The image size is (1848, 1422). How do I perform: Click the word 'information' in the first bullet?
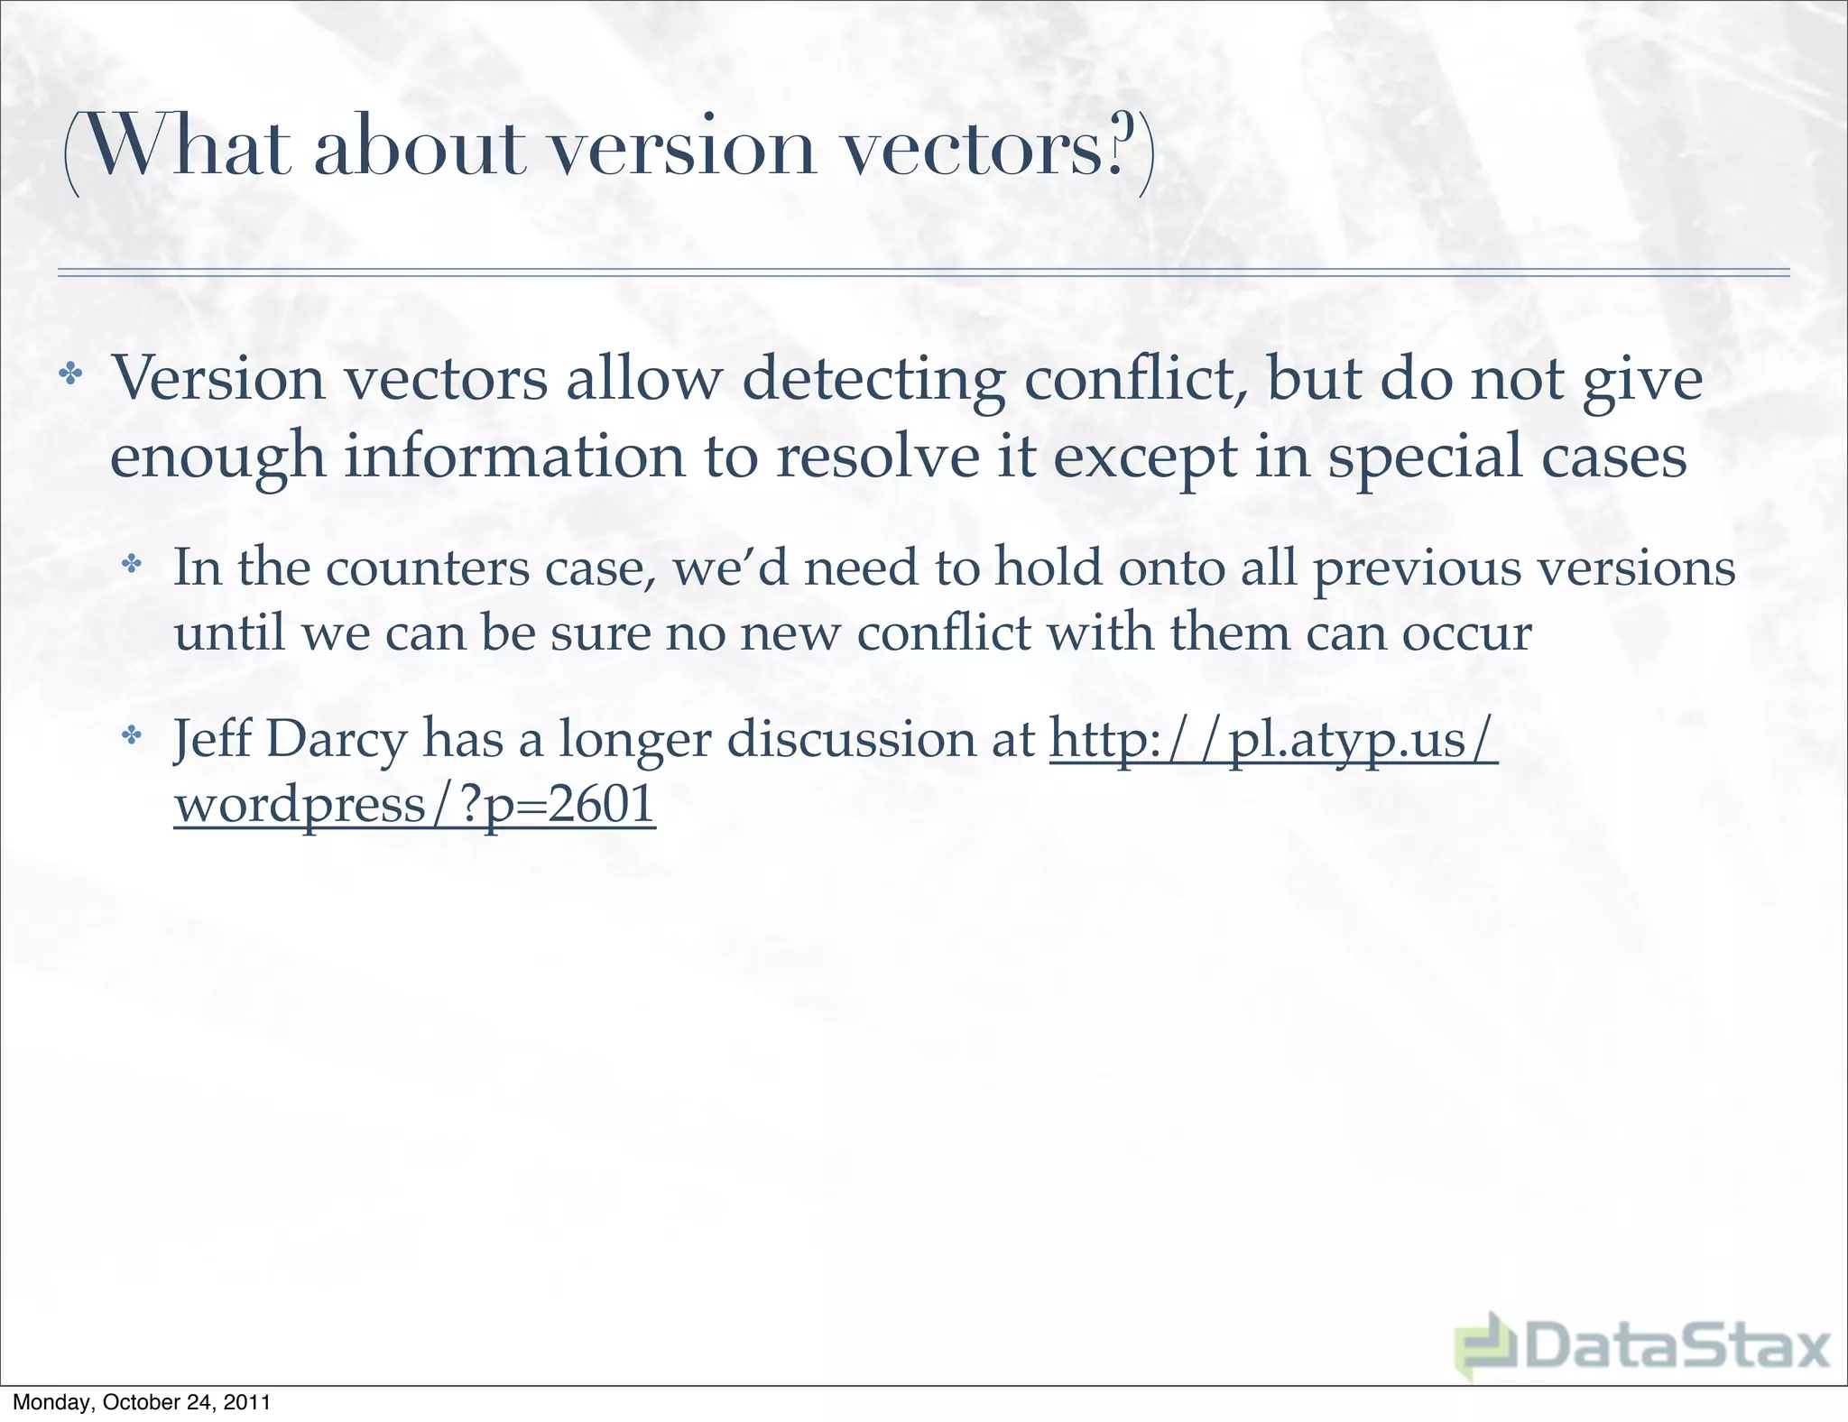click(514, 457)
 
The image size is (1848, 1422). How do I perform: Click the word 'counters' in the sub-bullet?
click(427, 569)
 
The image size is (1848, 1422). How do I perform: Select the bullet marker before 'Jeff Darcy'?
click(133, 736)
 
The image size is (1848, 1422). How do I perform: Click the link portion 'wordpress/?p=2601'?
click(414, 805)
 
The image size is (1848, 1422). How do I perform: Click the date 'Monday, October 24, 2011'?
click(142, 1402)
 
